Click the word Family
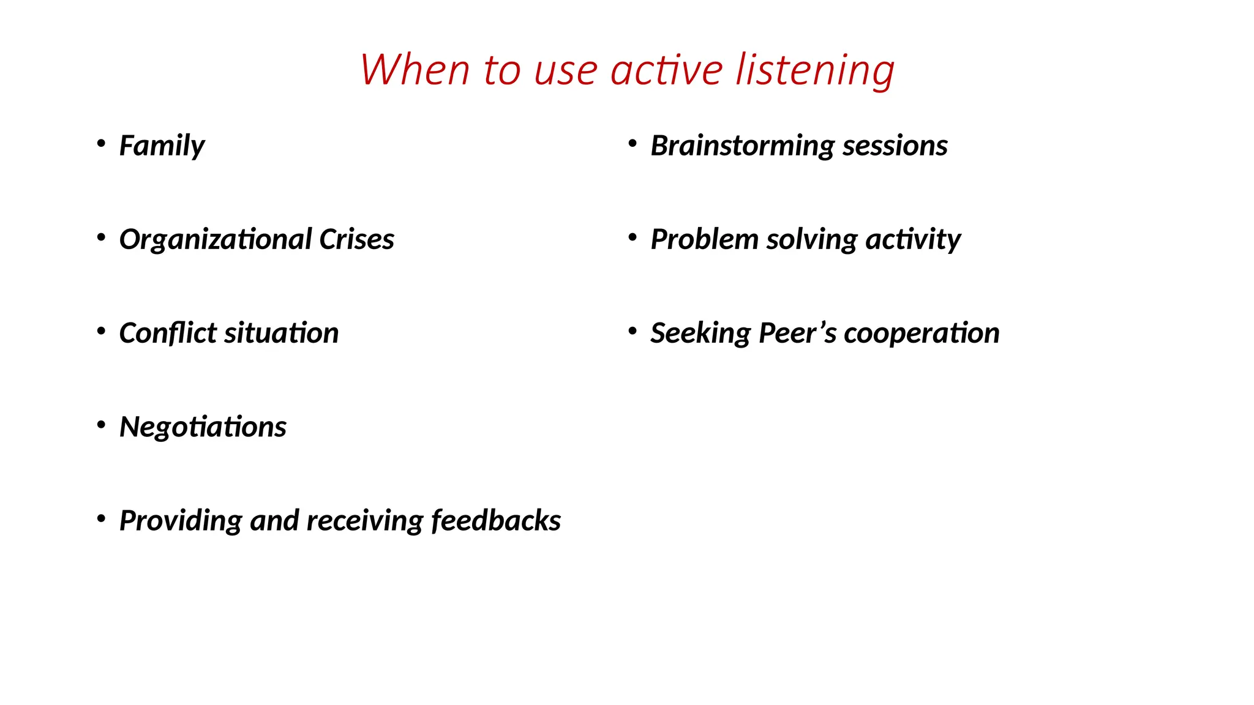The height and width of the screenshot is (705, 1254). click(162, 146)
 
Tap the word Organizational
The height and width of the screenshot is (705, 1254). click(216, 239)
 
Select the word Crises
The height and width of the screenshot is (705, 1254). click(356, 239)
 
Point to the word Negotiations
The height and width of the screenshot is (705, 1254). click(203, 427)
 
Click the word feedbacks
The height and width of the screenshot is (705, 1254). click(496, 520)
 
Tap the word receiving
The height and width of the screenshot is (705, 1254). click(364, 520)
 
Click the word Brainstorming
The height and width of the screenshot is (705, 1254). click(742, 146)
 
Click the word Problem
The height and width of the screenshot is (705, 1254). click(704, 239)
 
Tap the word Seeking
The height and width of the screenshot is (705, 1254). click(700, 333)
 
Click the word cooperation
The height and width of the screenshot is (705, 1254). click(922, 333)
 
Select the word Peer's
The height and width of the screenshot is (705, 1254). click(797, 333)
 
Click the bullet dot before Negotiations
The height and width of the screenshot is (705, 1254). click(101, 424)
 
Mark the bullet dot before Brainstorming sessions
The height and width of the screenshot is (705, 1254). click(633, 143)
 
